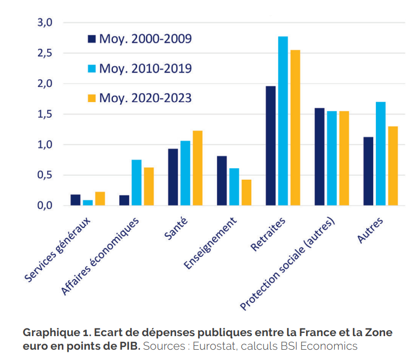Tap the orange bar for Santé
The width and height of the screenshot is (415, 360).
[197, 168]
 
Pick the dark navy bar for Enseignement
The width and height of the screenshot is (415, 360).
[222, 180]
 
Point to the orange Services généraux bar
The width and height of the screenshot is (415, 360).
[100, 199]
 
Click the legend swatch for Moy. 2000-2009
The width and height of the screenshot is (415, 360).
[92, 39]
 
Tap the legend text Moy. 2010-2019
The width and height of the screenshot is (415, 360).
[145, 68]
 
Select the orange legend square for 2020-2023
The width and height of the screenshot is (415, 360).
[92, 98]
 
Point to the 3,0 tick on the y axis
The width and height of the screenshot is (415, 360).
[44, 23]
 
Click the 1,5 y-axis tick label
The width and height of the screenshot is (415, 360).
[44, 114]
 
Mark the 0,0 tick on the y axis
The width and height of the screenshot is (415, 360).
[44, 205]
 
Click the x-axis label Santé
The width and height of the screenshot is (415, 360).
[176, 230]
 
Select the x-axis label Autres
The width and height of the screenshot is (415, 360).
[370, 231]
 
